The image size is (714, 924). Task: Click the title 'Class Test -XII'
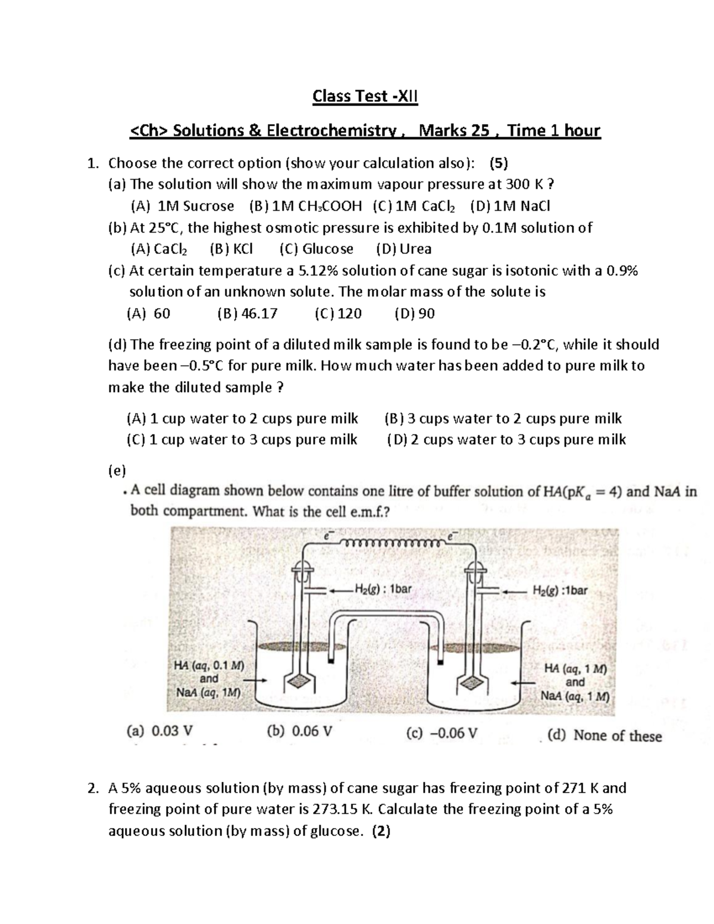click(x=365, y=96)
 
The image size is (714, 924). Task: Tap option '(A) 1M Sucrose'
click(x=182, y=206)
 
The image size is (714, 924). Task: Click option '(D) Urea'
click(x=403, y=249)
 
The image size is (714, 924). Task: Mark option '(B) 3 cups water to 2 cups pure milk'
click(x=503, y=418)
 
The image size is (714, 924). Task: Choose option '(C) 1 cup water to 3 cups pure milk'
click(x=242, y=440)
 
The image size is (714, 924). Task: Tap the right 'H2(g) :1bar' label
click(x=559, y=591)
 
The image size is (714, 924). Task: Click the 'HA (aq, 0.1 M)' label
click(x=209, y=666)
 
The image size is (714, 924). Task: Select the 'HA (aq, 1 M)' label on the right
click(x=575, y=669)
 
